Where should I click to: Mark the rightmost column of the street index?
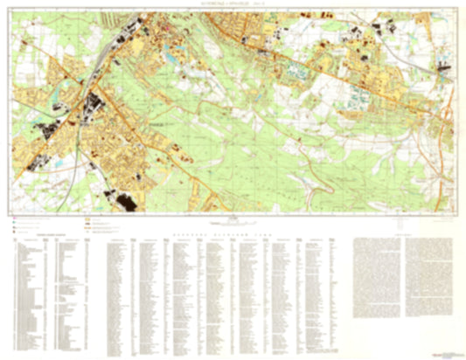click(x=332, y=288)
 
